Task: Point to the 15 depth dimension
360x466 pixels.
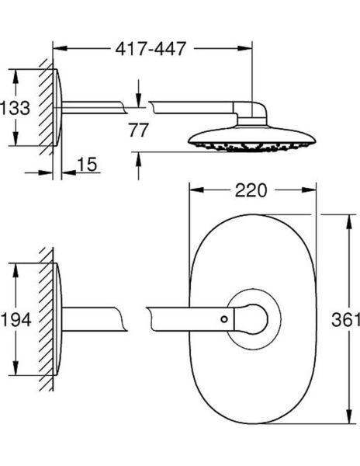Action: click(86, 165)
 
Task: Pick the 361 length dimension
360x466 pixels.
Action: click(345, 319)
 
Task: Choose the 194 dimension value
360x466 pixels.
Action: click(16, 319)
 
